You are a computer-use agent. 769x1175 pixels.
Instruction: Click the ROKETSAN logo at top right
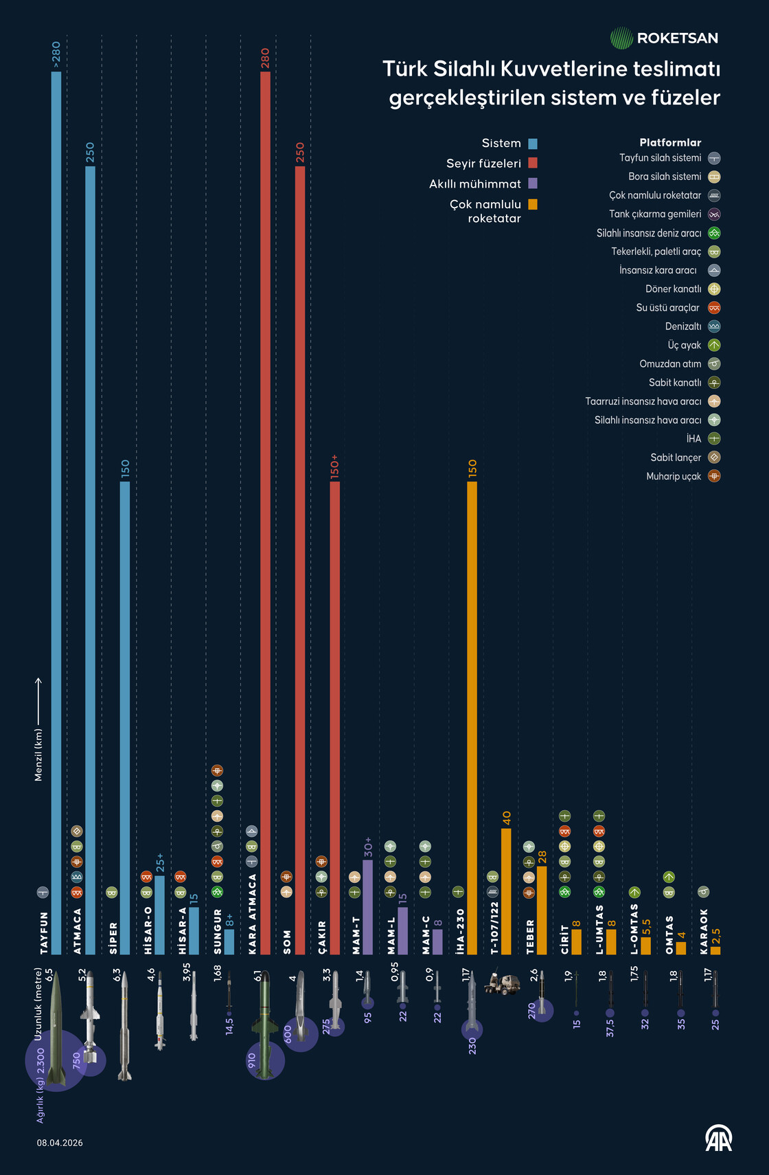(664, 38)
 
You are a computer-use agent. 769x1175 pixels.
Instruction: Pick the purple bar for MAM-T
(367, 907)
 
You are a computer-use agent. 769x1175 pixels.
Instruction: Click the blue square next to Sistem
(533, 144)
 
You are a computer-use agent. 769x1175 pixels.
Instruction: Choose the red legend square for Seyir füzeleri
(533, 164)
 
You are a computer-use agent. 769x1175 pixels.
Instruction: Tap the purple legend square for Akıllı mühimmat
(533, 183)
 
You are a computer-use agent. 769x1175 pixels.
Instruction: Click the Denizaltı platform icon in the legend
(714, 326)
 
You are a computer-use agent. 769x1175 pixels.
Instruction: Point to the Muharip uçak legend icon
(714, 476)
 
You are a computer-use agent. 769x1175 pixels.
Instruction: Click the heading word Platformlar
(670, 143)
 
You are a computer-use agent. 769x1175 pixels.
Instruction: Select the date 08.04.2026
(60, 1143)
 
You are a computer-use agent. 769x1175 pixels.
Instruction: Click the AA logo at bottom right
(719, 1139)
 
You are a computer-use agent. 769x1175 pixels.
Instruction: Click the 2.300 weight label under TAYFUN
(41, 1062)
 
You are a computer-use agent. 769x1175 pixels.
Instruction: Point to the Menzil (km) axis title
(38, 754)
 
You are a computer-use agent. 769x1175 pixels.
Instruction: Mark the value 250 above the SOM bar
(300, 153)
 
